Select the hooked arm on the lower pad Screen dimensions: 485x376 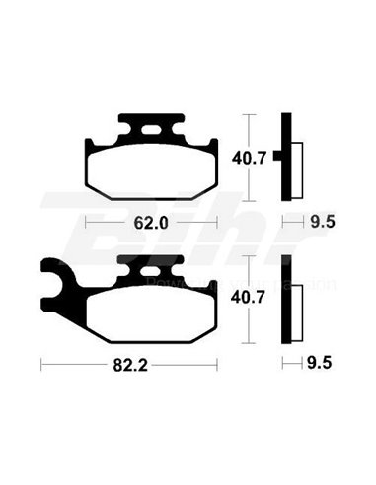(57, 281)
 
